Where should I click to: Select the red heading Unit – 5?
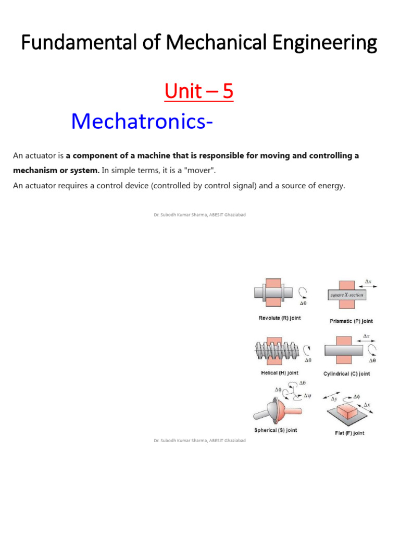click(199, 92)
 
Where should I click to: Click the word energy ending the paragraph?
click(332, 185)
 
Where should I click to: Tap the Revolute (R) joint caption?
click(280, 318)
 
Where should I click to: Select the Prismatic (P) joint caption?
click(351, 321)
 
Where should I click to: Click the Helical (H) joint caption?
click(279, 373)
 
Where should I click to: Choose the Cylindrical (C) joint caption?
click(346, 374)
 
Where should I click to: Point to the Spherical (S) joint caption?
click(276, 430)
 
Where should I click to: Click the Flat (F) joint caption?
click(349, 433)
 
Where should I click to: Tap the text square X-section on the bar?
click(347, 295)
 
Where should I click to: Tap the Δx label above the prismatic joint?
click(368, 282)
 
